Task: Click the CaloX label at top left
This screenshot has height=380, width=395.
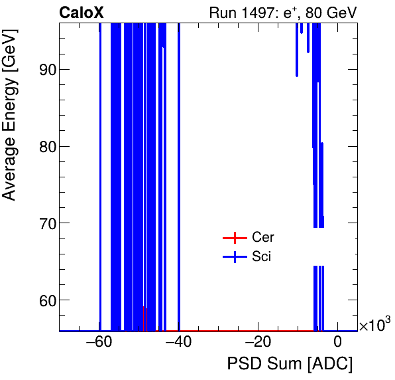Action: tap(81, 12)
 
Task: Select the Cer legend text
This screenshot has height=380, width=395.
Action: tap(263, 238)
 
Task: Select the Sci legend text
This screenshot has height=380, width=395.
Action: tap(262, 257)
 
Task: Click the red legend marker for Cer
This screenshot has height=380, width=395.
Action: tap(234, 238)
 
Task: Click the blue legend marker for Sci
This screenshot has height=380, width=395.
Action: tap(234, 257)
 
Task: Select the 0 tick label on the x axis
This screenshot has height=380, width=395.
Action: tap(337, 343)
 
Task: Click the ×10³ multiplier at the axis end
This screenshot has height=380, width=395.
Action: tap(374, 325)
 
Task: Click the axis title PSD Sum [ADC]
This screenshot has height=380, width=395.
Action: tap(290, 364)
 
